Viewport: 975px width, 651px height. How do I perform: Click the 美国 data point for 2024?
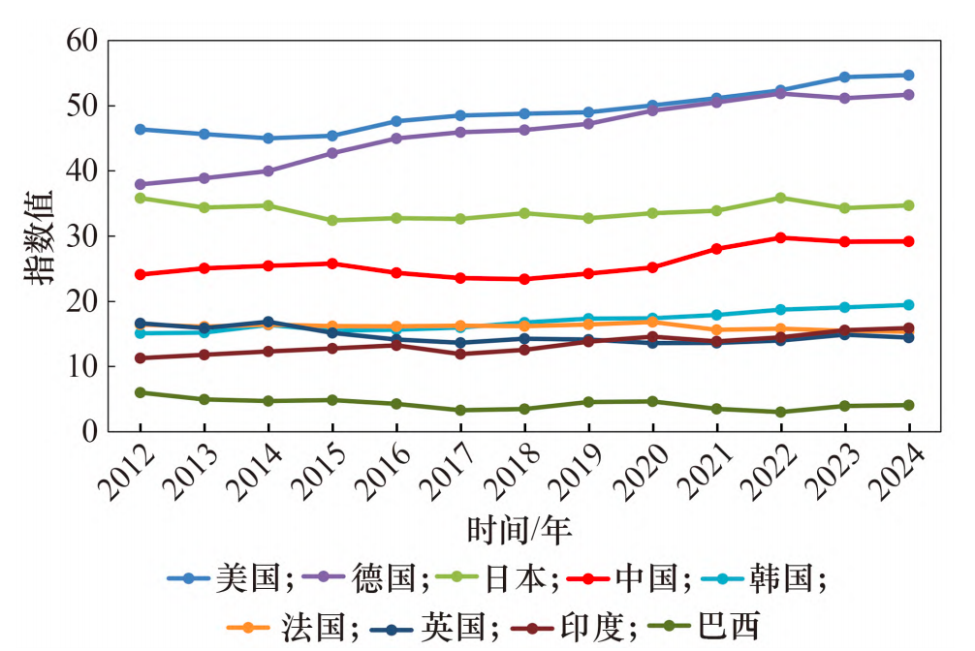click(909, 75)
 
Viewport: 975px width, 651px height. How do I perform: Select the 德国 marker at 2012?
click(141, 184)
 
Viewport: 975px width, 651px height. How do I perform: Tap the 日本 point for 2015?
click(332, 221)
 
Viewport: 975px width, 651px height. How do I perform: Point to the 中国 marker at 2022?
click(781, 237)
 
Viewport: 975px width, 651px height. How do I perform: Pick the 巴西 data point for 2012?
click(141, 392)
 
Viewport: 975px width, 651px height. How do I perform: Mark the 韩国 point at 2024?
click(909, 305)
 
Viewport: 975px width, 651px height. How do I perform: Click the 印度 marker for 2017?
click(460, 354)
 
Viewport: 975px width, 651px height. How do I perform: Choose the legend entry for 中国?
click(645, 578)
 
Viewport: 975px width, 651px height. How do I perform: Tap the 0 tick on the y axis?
click(91, 431)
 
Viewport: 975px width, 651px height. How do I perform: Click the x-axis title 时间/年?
click(519, 529)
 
